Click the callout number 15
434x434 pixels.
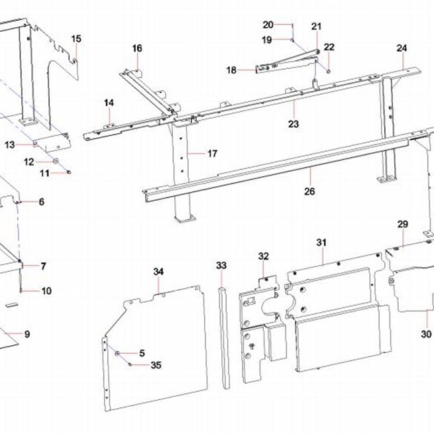pyautogui.click(x=76, y=39)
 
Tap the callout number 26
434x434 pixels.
pyautogui.click(x=309, y=191)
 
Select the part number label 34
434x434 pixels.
pyautogui.click(x=158, y=272)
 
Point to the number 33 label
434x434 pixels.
pyautogui.click(x=221, y=266)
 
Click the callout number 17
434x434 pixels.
pyautogui.click(x=212, y=154)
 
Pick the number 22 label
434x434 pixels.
pyautogui.click(x=329, y=47)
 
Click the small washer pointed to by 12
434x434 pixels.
pyautogui.click(x=56, y=161)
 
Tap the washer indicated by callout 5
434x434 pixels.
pyautogui.click(x=117, y=353)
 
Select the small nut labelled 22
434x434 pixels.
pyautogui.click(x=328, y=72)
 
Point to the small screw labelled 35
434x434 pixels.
pyautogui.click(x=129, y=364)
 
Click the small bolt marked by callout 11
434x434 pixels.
pyautogui.click(x=69, y=172)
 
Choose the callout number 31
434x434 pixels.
pyautogui.click(x=321, y=243)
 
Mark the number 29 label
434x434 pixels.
pyautogui.click(x=403, y=224)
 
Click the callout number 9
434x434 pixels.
pyautogui.click(x=27, y=334)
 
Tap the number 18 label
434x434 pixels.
pyautogui.click(x=232, y=70)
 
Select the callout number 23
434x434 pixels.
pyautogui.click(x=294, y=124)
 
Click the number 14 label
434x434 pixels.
pyautogui.click(x=109, y=103)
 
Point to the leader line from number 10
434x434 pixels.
pyautogui.click(x=30, y=291)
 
